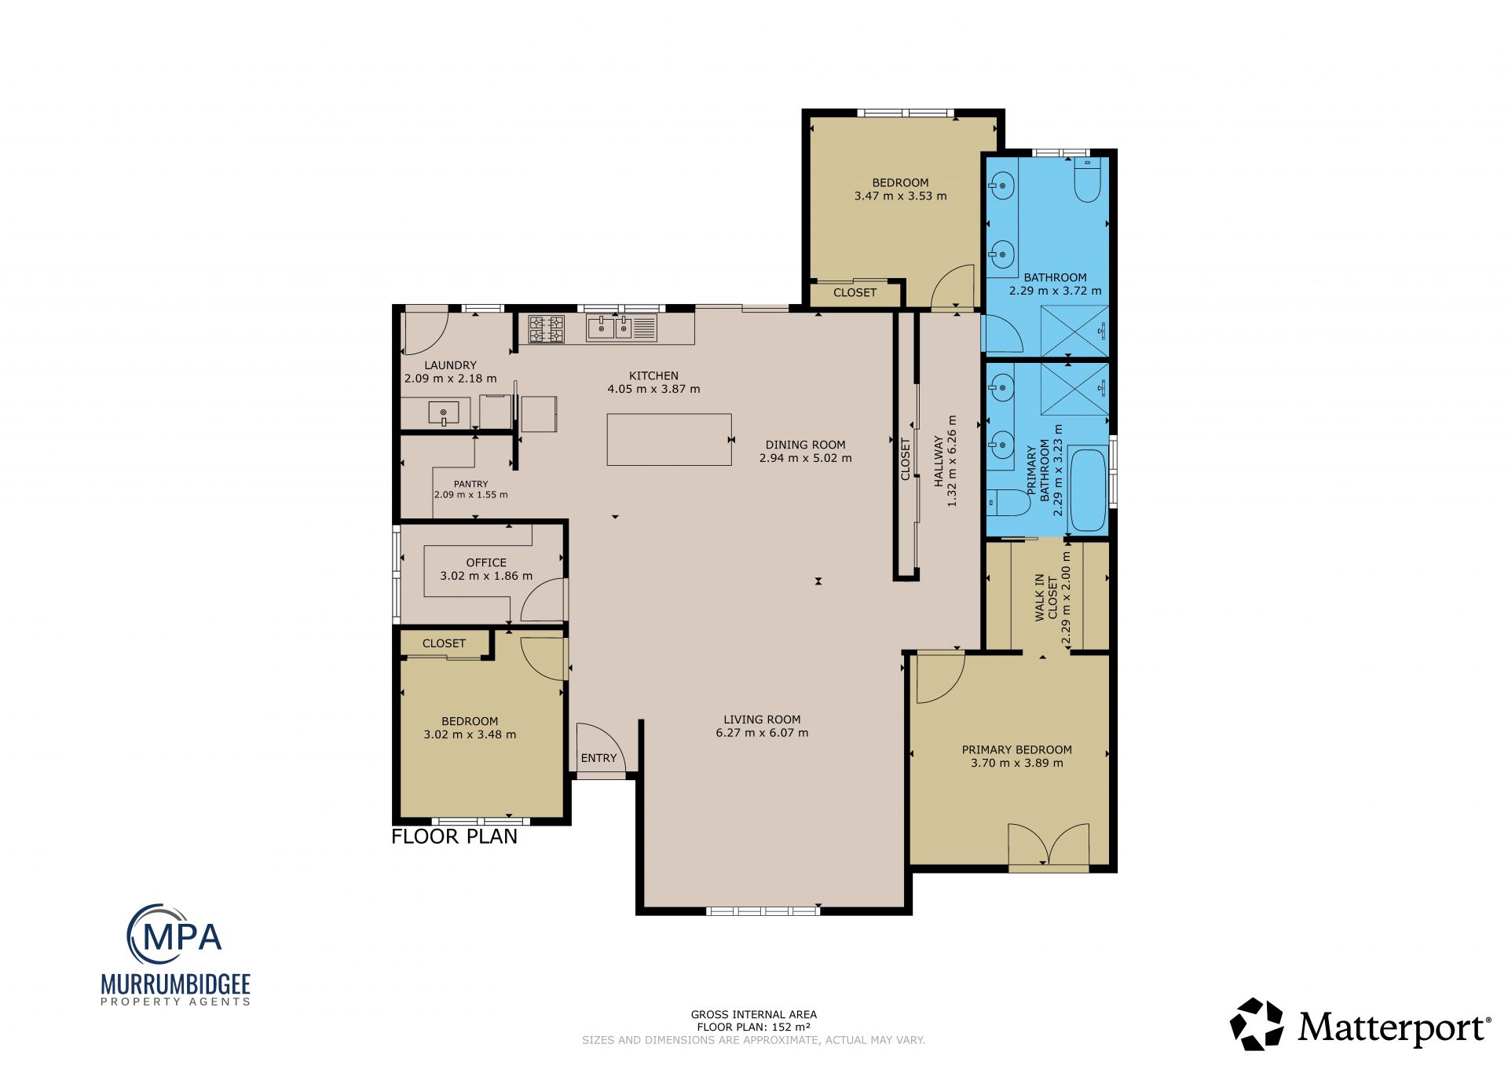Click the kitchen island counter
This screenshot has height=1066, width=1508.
(669, 439)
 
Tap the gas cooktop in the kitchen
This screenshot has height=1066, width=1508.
(547, 329)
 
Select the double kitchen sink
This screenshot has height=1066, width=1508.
(621, 328)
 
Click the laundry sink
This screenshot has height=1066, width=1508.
(444, 412)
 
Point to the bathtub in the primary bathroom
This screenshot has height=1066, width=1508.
(1088, 489)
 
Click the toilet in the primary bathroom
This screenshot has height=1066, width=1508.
(1008, 502)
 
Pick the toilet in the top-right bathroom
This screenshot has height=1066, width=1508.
(1088, 180)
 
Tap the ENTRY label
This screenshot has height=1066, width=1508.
(598, 758)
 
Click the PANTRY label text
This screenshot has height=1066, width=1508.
(471, 484)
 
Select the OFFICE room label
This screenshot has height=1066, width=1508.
(486, 562)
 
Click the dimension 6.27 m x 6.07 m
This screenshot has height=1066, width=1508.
(762, 733)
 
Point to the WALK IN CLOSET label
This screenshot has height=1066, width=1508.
(1046, 597)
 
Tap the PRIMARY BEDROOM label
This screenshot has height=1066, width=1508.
(1017, 749)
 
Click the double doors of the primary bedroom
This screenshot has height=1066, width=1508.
(1049, 845)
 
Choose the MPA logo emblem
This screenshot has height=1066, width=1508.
(174, 935)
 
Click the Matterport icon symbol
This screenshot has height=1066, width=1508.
(1257, 1024)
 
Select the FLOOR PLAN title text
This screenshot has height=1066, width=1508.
(454, 837)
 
